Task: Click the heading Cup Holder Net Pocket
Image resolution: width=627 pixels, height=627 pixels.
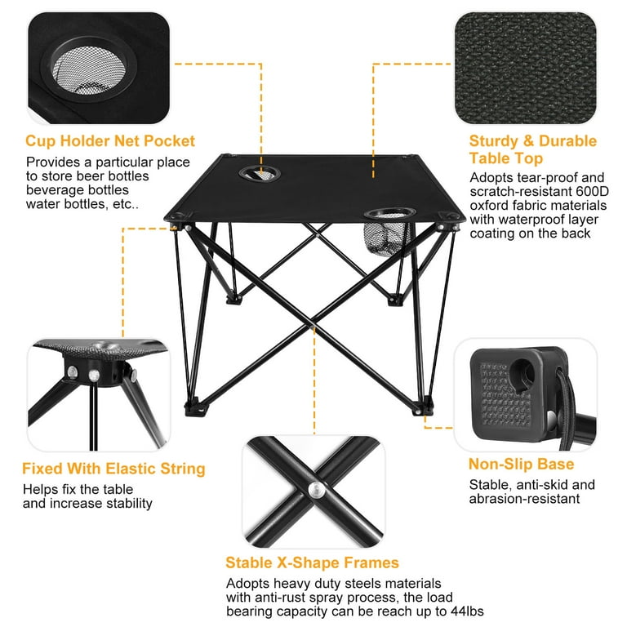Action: click(110, 141)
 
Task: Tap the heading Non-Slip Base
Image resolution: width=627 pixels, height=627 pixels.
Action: click(521, 465)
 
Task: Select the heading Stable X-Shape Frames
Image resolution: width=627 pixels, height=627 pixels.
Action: click(313, 563)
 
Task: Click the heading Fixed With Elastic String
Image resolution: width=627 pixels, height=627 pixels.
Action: click(113, 469)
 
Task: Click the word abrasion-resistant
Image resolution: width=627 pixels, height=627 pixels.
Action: click(524, 499)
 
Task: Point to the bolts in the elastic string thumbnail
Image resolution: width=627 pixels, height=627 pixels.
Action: click(84, 372)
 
